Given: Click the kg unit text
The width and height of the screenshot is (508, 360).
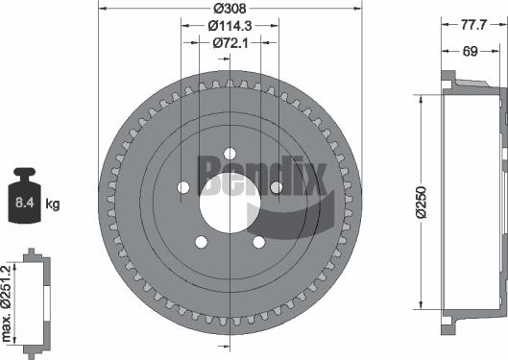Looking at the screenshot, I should pyautogui.click(x=54, y=204).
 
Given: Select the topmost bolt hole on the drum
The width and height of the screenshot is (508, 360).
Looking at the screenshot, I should pyautogui.click(x=229, y=151).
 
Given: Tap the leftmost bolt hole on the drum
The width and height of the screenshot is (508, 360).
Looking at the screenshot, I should pyautogui.click(x=182, y=187).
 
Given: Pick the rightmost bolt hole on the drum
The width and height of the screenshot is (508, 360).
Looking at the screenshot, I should pyautogui.click(x=275, y=187).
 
